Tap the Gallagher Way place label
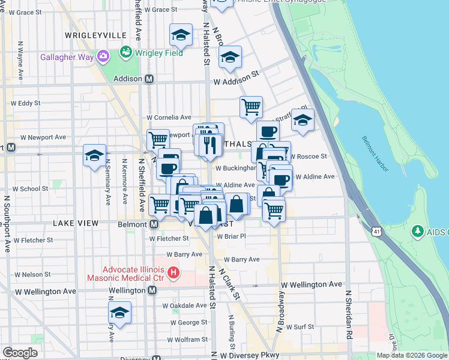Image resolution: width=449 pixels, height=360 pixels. (x=67, y=58)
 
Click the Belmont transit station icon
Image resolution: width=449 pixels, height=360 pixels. (x=154, y=224)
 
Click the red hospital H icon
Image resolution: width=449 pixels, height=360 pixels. (x=174, y=273)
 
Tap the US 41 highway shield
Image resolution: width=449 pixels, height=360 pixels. (x=376, y=231)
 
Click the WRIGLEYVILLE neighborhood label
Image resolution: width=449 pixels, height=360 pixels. (x=92, y=35)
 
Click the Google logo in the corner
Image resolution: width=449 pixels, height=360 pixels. (x=20, y=353)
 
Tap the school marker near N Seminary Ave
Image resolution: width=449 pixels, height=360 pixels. (x=95, y=156)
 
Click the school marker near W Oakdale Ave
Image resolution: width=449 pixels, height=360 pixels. (x=119, y=313)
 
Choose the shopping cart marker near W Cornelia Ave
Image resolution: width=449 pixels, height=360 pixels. (x=251, y=107)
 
